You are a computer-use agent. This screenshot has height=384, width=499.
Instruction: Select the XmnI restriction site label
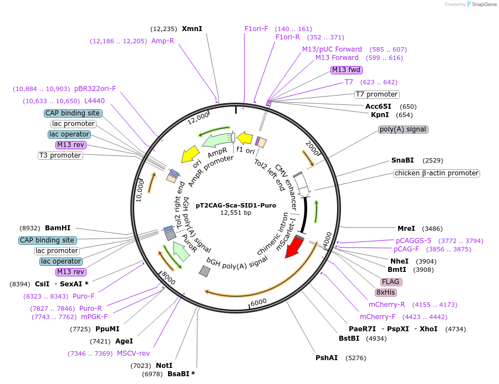(192, 29)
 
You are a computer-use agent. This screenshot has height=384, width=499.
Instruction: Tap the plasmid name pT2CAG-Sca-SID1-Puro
(236, 205)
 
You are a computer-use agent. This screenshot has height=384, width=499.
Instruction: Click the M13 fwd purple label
(346, 70)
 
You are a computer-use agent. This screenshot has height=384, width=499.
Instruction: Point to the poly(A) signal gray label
(403, 129)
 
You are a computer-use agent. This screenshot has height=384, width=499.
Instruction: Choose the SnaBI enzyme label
(403, 160)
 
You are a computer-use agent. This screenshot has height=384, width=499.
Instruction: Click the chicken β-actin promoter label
(437, 173)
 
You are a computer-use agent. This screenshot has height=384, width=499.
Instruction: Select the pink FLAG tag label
(391, 282)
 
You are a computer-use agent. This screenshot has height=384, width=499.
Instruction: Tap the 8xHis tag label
(386, 292)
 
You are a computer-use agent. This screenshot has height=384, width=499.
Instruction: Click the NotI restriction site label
(164, 366)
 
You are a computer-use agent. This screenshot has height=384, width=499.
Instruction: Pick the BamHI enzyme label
(58, 228)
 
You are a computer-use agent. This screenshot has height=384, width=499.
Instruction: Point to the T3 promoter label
(60, 155)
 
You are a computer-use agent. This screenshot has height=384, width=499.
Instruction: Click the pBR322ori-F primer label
(95, 89)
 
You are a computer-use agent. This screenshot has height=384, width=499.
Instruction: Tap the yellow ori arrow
(190, 154)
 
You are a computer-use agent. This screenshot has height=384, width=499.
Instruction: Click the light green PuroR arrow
(180, 251)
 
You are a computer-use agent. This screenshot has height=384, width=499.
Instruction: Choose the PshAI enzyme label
(327, 358)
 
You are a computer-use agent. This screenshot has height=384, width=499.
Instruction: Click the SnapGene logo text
(484, 4)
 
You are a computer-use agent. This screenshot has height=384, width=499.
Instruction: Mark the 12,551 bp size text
(236, 213)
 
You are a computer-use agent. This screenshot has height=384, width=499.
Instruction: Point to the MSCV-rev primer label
(133, 353)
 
